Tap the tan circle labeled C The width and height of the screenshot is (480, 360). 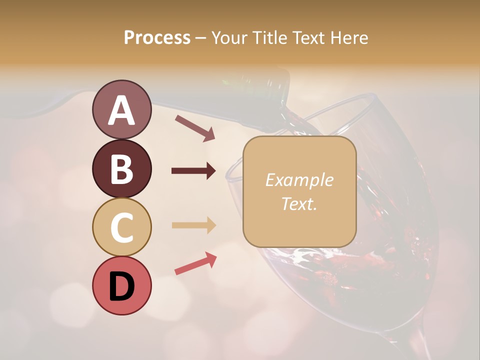(x=121, y=227)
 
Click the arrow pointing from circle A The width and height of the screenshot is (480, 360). (x=195, y=128)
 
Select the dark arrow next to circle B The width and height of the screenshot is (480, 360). (x=193, y=171)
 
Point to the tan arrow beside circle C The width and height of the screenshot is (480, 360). (x=193, y=225)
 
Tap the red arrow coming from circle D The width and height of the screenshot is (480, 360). (x=195, y=263)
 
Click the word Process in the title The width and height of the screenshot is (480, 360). (x=157, y=38)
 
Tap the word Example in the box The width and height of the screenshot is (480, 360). (x=299, y=180)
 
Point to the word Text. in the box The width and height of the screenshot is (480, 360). (x=299, y=203)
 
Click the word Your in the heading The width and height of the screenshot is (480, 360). (x=228, y=38)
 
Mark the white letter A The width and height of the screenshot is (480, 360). (x=121, y=110)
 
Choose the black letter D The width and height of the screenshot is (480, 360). (x=121, y=286)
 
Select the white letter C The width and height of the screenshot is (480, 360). (x=121, y=227)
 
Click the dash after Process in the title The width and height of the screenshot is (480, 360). (x=201, y=38)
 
